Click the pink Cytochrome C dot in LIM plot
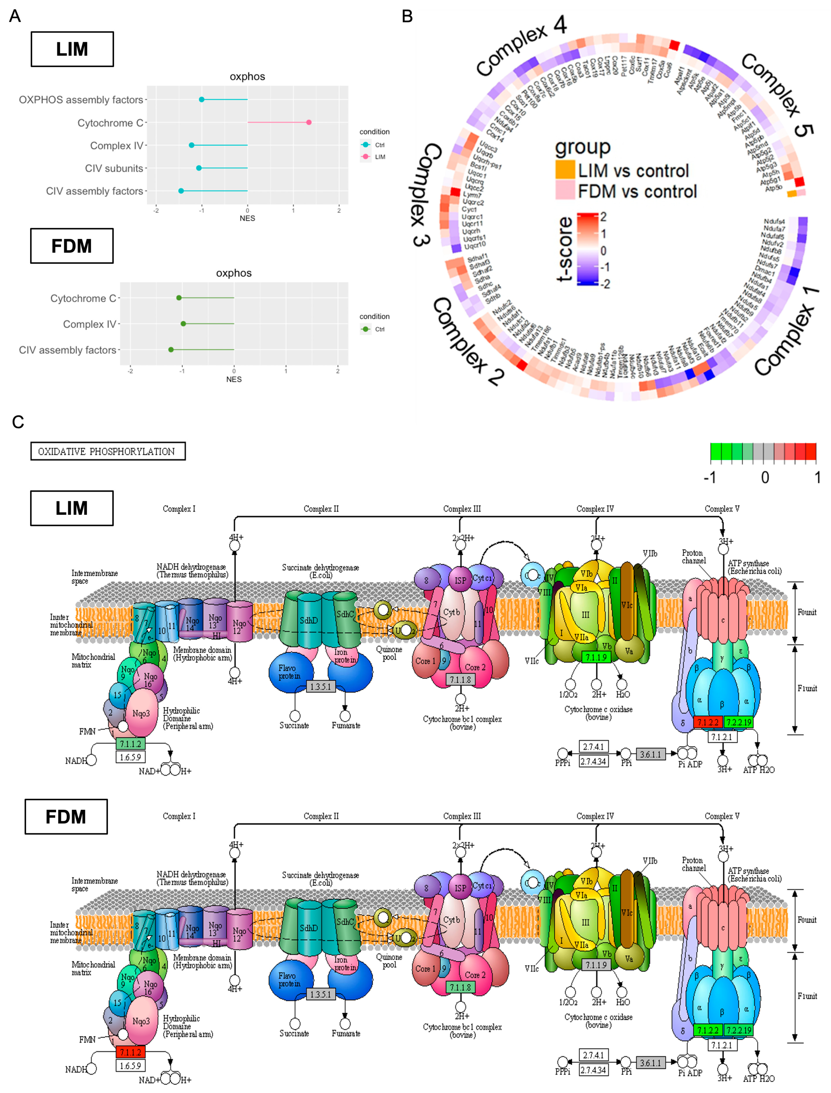click(x=309, y=122)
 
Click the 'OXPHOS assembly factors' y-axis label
click(x=81, y=99)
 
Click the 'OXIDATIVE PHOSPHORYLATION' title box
click(x=108, y=451)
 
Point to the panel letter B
click(x=407, y=16)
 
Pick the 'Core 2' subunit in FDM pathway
click(x=475, y=975)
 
